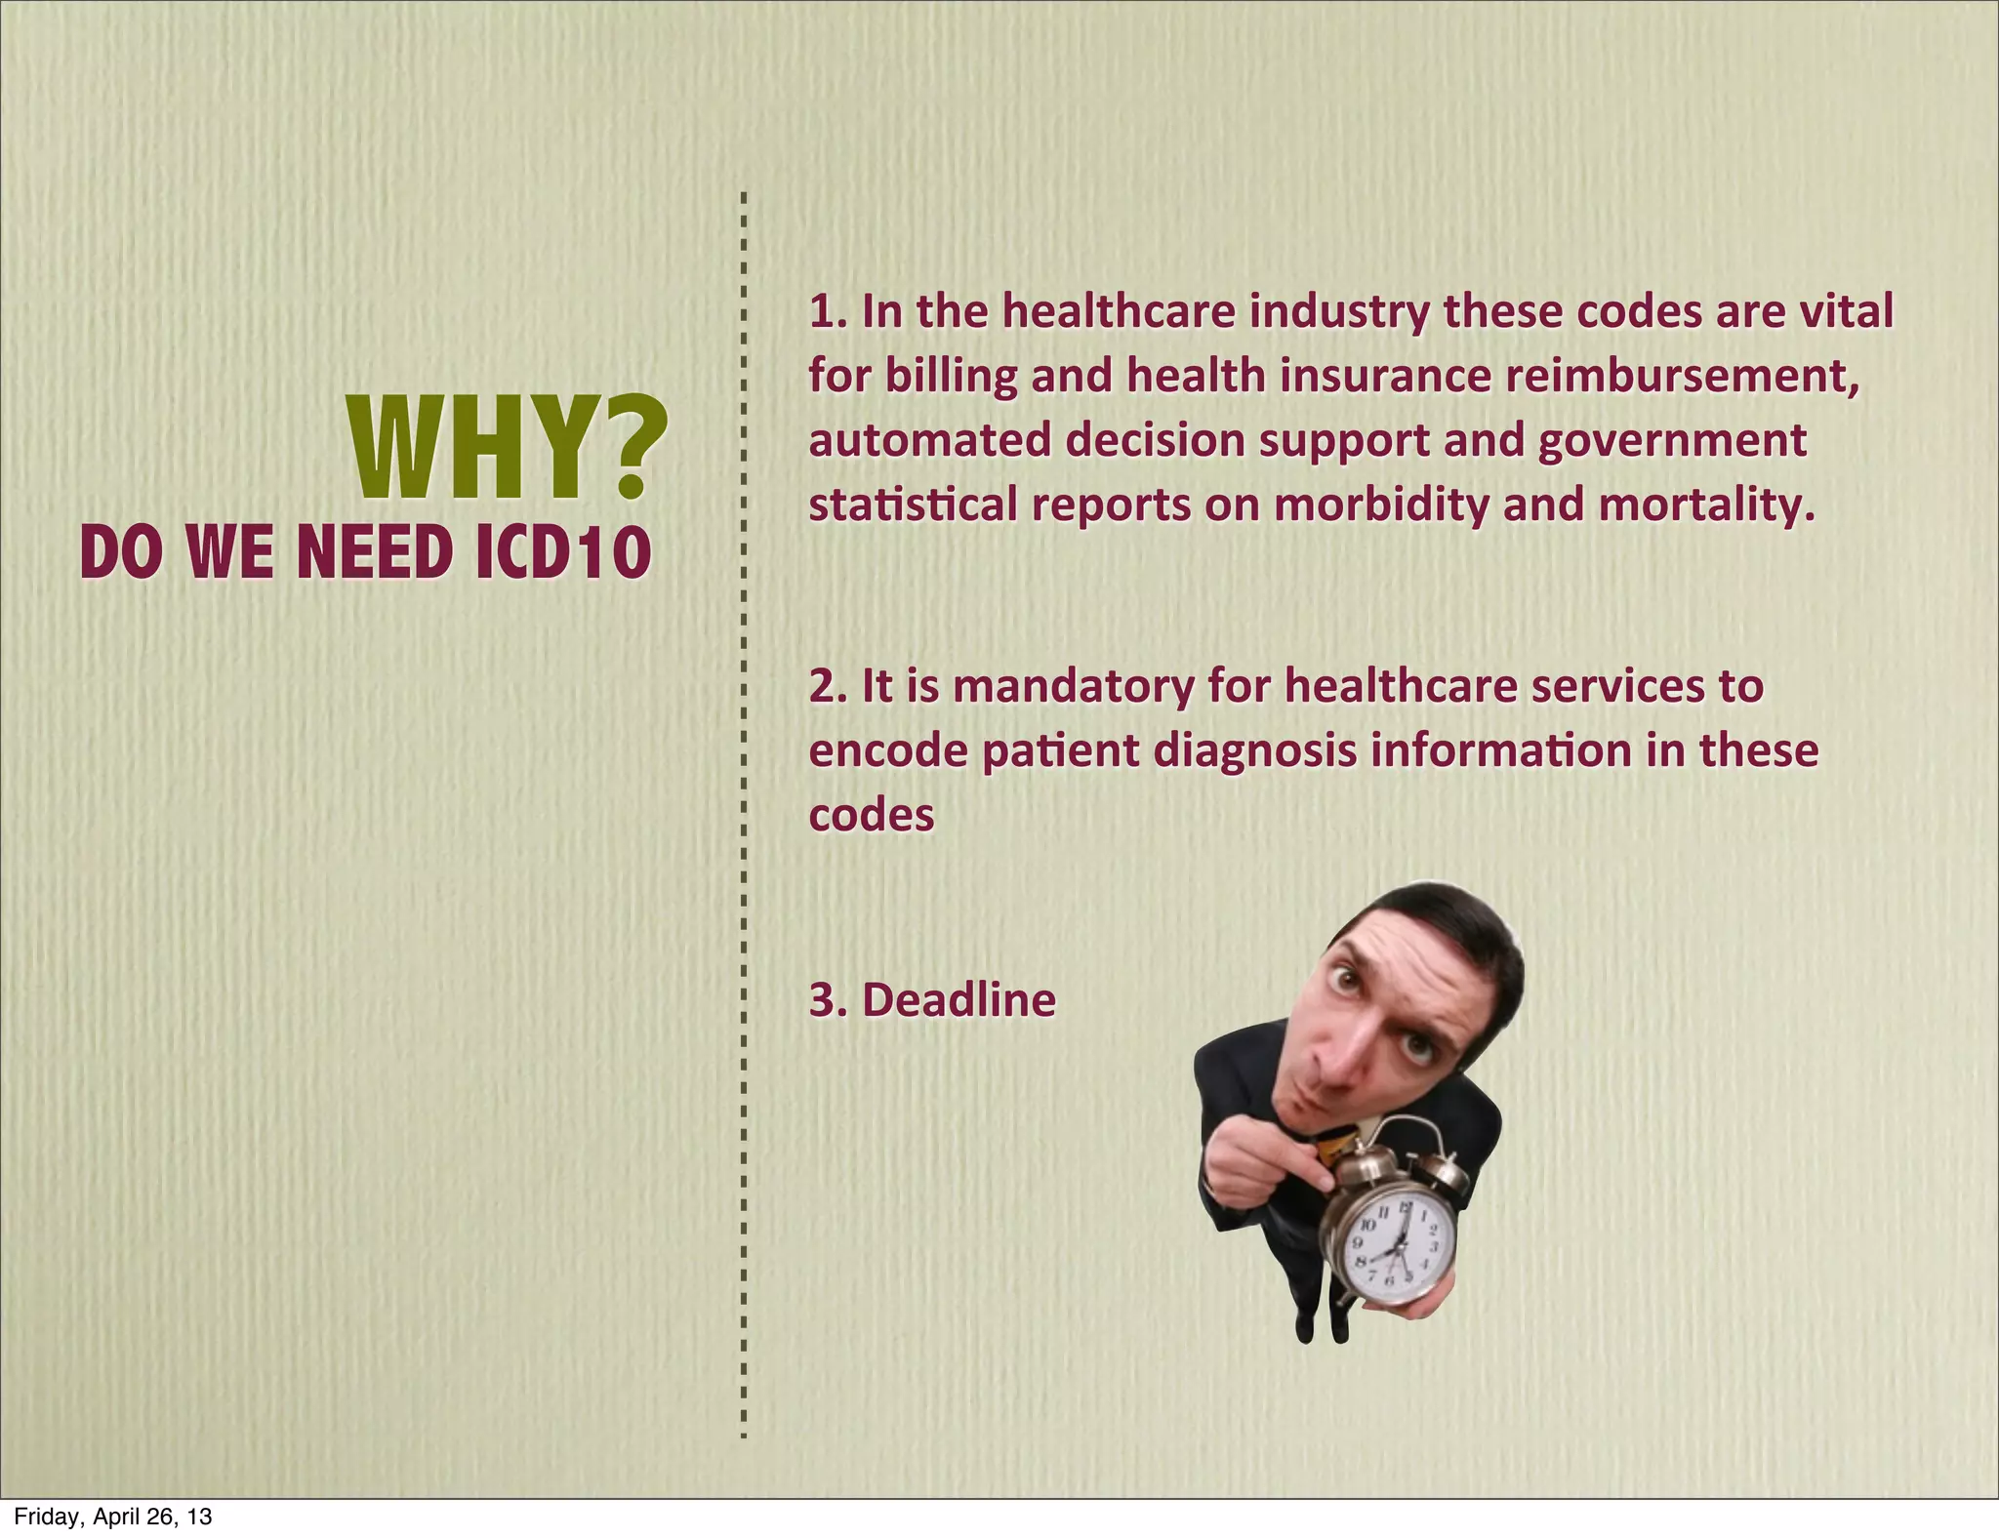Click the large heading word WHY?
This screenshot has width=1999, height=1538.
click(x=508, y=449)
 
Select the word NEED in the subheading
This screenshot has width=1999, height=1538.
click(x=375, y=552)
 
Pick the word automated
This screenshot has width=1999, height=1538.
click(x=928, y=441)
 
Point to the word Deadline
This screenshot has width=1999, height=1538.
click(x=959, y=1000)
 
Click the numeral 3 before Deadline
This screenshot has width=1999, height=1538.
click(x=822, y=1000)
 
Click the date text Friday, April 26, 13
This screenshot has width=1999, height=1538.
click(x=112, y=1517)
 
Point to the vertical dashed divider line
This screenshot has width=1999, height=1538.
click(x=743, y=810)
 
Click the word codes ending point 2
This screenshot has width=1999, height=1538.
click(x=872, y=816)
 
